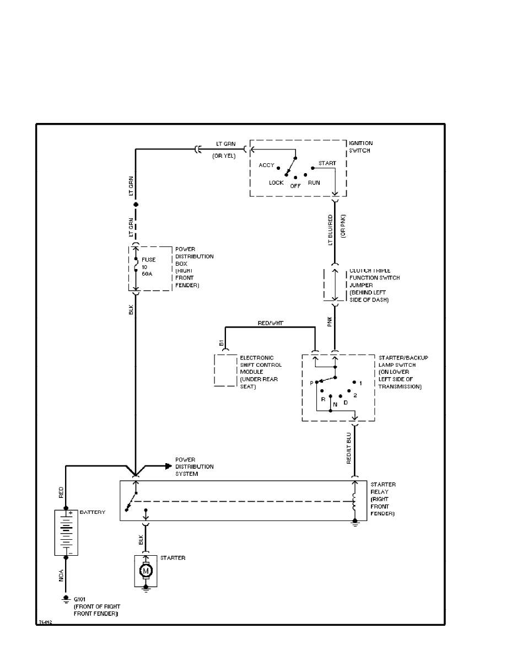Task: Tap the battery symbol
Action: point(67,532)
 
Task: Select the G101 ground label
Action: point(80,598)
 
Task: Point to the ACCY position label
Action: point(266,165)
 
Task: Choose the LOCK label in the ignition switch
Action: point(276,182)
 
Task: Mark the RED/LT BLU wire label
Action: point(349,448)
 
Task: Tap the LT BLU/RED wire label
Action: point(331,230)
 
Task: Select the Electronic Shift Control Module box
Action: point(225,371)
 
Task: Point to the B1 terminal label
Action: point(222,343)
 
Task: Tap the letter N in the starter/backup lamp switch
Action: point(335,404)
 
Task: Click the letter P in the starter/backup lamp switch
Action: point(311,382)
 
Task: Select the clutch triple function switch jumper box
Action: point(334,285)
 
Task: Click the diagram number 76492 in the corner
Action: point(45,621)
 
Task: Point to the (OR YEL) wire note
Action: point(224,155)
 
